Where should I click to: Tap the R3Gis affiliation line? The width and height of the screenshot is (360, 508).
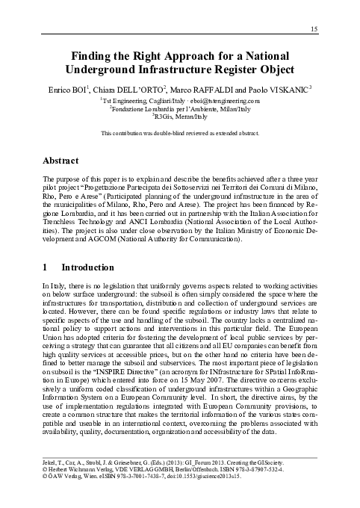click(x=180, y=117)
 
